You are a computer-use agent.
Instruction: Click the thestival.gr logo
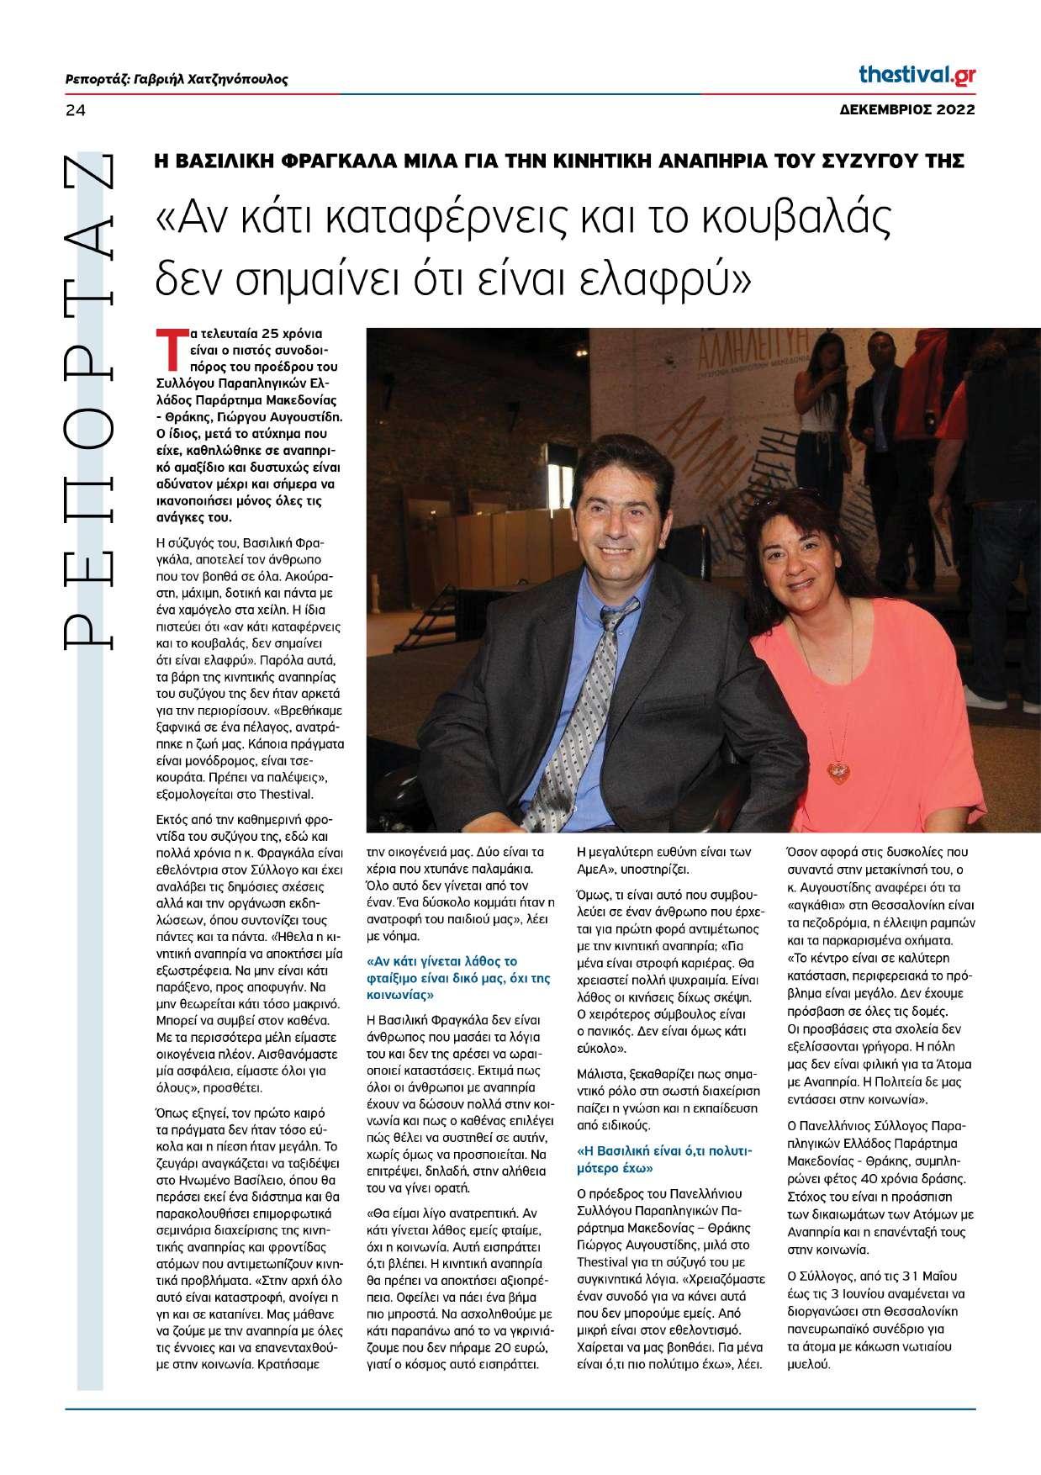point(917,75)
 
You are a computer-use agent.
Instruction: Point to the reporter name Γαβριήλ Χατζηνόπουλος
point(211,80)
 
